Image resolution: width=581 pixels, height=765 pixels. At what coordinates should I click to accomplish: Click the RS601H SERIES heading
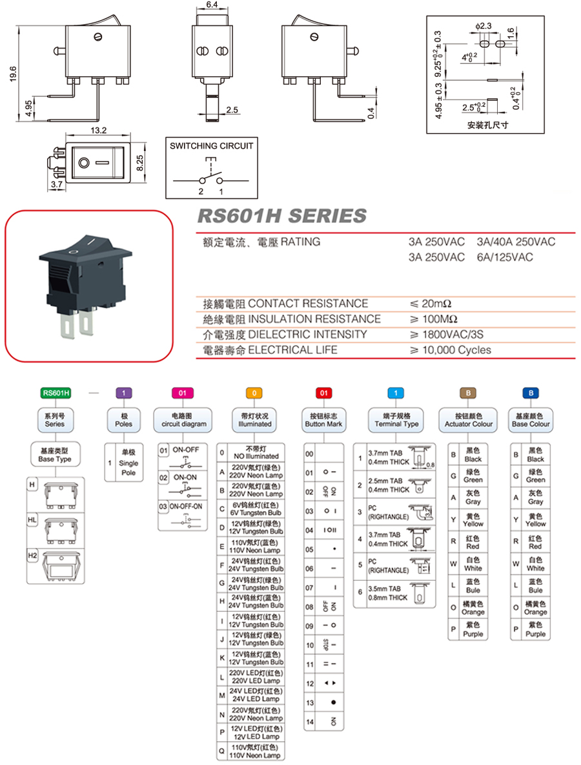281,216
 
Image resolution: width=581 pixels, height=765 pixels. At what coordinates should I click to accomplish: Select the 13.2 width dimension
99,131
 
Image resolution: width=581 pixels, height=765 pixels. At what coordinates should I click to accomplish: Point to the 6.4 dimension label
212,5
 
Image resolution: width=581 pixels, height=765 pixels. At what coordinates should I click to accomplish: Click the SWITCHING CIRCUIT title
212,146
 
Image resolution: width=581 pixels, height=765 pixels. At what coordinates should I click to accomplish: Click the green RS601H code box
55,392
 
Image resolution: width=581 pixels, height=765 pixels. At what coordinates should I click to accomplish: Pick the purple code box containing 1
123,392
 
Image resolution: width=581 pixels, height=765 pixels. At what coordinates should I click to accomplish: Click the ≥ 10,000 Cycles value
450,350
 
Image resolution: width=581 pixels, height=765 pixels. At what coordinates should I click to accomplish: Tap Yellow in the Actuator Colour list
473,520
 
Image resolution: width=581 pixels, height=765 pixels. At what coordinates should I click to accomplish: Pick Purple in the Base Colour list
535,630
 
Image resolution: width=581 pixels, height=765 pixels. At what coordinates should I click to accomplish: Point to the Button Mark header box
325,420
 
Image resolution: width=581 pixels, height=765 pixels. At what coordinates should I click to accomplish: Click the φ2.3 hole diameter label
483,25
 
